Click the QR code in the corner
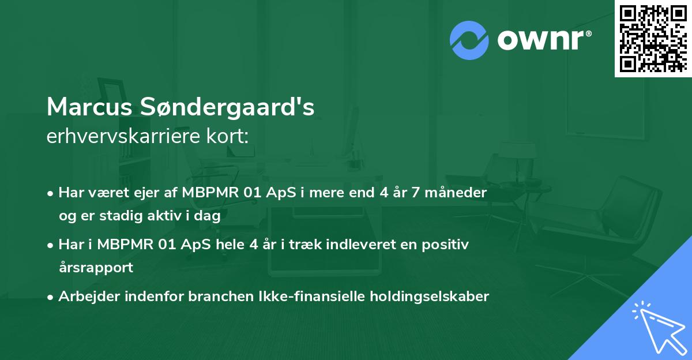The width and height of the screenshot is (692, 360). [653, 38]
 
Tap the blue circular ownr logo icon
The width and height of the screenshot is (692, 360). [469, 40]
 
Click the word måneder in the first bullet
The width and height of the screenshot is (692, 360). [461, 192]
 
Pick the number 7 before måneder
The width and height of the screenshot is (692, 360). [417, 192]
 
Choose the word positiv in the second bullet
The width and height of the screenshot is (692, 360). [448, 245]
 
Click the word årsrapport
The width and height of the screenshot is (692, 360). [96, 268]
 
